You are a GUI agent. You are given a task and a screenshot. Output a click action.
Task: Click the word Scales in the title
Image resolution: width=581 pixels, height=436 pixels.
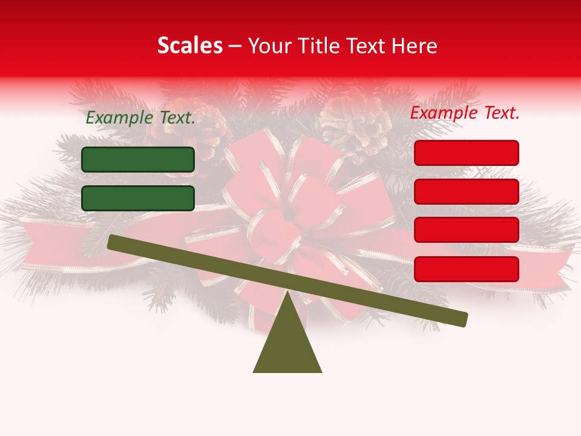coord(189,45)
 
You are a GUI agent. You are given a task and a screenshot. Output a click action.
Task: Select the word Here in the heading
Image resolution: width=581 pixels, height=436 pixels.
coord(415,45)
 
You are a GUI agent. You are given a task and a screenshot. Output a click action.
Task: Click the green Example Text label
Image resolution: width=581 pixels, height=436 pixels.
coord(140,117)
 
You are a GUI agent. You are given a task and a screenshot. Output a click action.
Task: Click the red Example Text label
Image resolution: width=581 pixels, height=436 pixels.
coord(465,113)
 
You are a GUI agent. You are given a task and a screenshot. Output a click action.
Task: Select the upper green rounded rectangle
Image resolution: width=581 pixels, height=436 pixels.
coord(138,159)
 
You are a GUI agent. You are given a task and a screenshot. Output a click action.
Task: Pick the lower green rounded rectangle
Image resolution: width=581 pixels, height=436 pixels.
coord(138,198)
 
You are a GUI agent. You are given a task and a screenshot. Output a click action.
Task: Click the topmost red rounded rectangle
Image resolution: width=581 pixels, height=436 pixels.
coord(466,153)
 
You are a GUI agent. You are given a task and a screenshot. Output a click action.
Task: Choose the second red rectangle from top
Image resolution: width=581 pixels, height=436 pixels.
coord(466,191)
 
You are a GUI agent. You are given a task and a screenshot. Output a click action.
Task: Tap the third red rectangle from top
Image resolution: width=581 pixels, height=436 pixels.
coord(466,230)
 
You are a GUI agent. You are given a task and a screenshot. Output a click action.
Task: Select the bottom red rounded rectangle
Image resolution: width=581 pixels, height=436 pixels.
coord(466,268)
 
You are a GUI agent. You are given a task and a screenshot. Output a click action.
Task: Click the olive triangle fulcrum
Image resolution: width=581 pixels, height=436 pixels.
coord(287,345)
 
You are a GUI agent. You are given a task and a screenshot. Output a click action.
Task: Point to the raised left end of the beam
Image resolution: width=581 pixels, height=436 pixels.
coord(112,242)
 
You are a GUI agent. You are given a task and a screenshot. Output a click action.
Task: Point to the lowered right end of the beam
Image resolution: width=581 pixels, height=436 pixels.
coord(463,319)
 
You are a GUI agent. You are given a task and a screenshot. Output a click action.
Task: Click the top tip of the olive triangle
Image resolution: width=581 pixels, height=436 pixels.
coord(287,293)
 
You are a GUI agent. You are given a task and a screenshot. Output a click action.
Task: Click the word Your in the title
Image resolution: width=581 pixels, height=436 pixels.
coord(268,45)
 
